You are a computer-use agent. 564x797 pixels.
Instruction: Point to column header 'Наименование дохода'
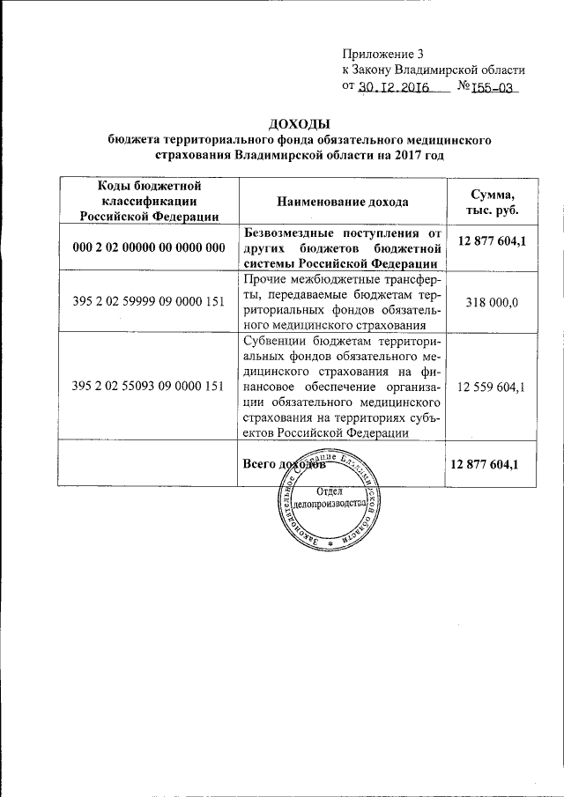coord(343,202)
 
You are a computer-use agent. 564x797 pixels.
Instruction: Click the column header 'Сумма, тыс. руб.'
coord(493,202)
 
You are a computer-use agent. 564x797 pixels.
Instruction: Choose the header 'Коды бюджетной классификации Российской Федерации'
coord(147,201)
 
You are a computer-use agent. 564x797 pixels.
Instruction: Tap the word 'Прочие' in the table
coord(262,280)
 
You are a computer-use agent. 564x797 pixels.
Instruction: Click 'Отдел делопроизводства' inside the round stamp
coord(329,499)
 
